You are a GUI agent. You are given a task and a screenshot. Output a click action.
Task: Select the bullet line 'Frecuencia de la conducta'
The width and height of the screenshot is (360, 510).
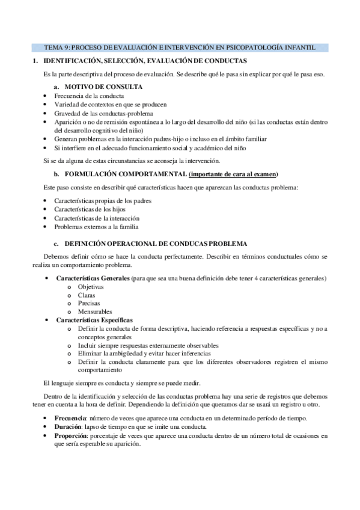tap(89, 96)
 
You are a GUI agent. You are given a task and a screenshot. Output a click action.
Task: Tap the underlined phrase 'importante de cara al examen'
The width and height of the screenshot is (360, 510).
tap(233, 174)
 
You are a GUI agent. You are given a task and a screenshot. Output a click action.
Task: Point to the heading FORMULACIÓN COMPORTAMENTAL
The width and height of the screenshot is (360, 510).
tap(126, 174)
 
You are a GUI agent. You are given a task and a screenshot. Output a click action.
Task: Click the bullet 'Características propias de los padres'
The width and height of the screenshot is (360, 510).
tap(103, 200)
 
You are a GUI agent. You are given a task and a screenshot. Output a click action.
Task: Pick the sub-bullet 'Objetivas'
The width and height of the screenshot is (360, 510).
tap(91, 287)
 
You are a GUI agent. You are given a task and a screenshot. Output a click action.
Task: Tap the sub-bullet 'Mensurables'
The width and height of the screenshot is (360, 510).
tap(94, 312)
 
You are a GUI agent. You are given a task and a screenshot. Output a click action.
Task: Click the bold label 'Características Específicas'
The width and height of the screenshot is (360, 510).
tap(94, 320)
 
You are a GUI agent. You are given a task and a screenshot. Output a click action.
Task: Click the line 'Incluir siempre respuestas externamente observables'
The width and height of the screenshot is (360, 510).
tap(148, 345)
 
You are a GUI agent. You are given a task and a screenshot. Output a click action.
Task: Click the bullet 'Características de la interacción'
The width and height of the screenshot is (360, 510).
tap(97, 218)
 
